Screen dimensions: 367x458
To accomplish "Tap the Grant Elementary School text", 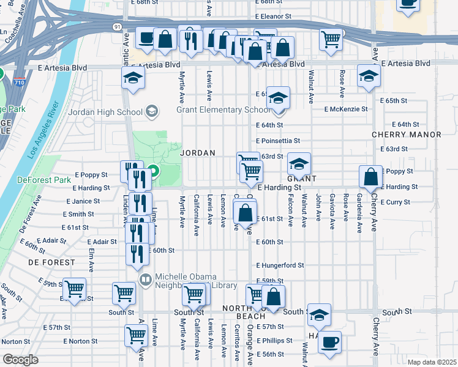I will [x=222, y=110].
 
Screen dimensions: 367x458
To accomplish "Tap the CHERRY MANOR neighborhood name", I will [x=407, y=134].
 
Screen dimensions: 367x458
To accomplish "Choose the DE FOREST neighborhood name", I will [x=51, y=262].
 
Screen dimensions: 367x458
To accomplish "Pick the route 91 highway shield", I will [x=117, y=27].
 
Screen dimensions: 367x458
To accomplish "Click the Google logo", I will [x=20, y=360].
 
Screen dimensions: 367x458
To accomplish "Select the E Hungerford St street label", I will [x=280, y=265].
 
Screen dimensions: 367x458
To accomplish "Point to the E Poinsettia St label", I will [x=278, y=141].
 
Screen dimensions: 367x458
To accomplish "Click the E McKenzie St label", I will [x=346, y=109].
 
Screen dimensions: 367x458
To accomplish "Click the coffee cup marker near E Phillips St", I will [x=330, y=342].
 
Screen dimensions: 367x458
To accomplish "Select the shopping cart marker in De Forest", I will [x=75, y=289].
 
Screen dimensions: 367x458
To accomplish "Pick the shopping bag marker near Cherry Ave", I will [x=370, y=177].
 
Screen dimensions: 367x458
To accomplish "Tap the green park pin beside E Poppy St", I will [x=154, y=171].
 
